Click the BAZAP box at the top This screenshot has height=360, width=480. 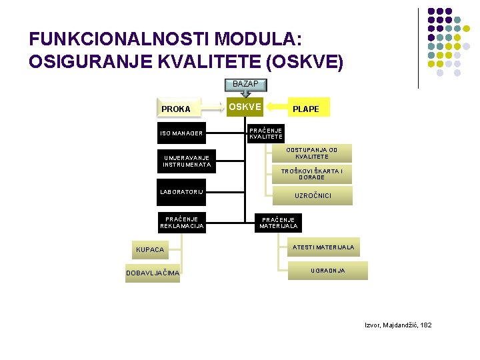tap(245, 84)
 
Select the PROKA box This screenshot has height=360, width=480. tap(176, 109)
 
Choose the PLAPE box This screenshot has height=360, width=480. tap(306, 109)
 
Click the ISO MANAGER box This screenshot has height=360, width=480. tap(181, 133)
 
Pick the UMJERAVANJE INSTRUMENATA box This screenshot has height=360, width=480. tap(187, 161)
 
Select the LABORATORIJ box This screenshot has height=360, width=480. tap(181, 193)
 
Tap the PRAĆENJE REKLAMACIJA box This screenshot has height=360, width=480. tap(181, 222)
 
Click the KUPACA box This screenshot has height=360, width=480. tap(150, 249)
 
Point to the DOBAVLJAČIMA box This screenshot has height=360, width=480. tap(153, 273)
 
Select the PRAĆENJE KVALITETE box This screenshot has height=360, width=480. tap(266, 133)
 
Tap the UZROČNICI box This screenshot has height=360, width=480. tap(313, 195)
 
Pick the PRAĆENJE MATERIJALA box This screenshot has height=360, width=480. tap(279, 223)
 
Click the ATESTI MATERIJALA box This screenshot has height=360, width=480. tap(323, 247)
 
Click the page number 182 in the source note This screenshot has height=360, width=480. tap(423, 325)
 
